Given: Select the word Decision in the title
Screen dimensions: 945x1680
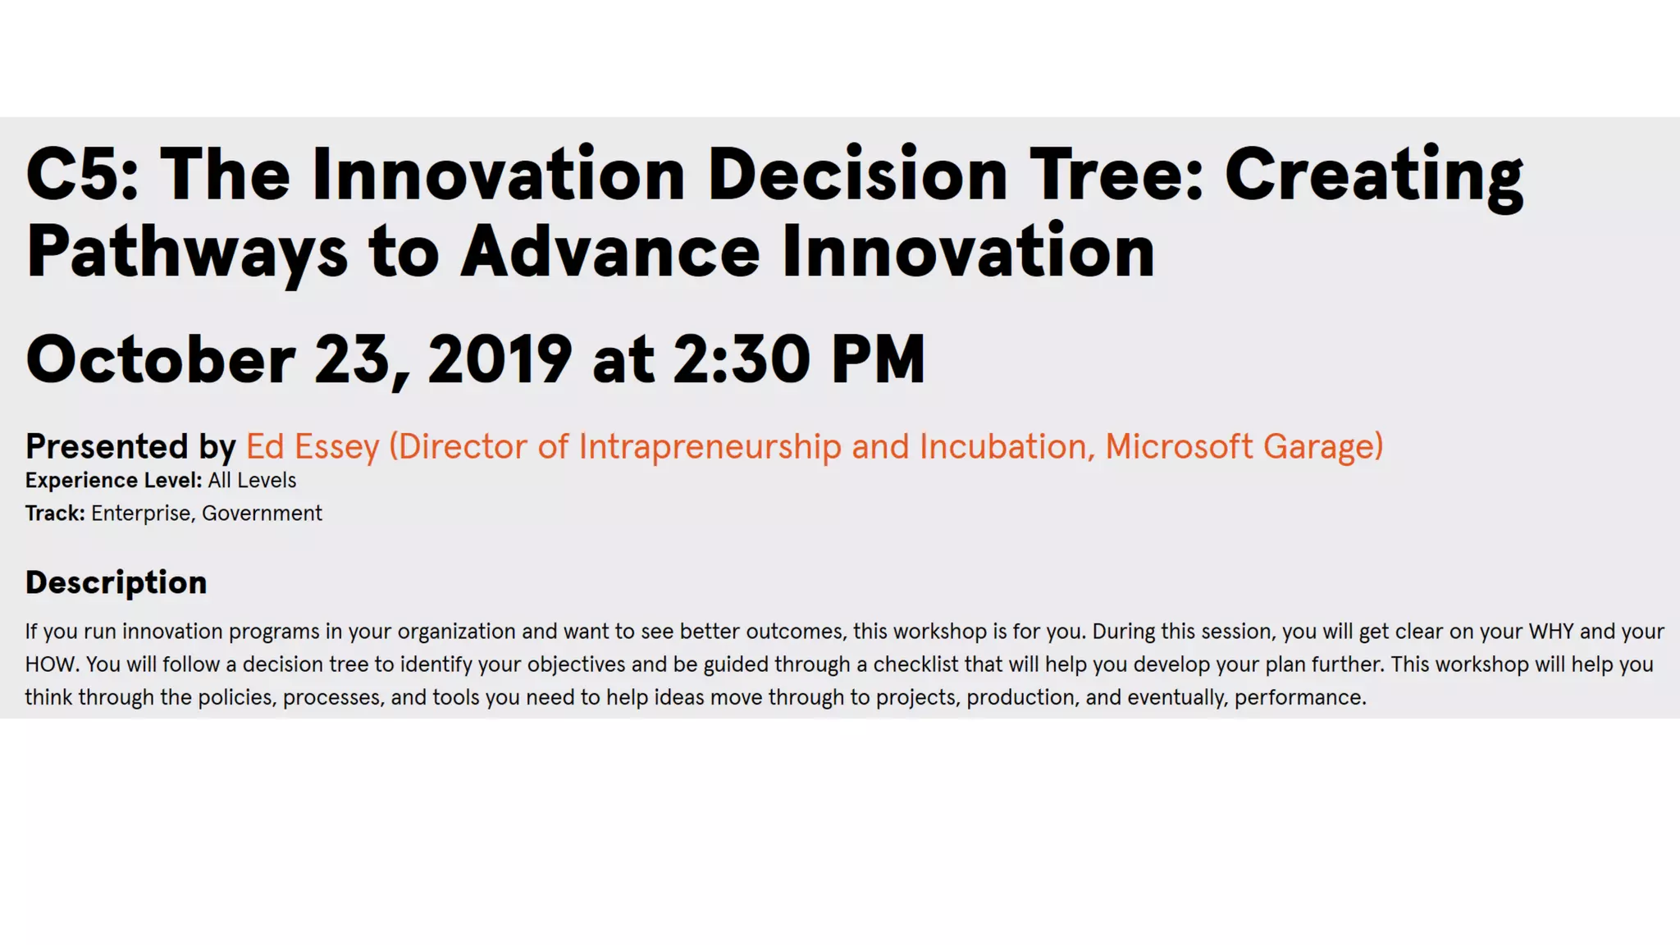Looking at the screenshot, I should tap(856, 174).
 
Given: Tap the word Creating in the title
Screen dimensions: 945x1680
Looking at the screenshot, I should tap(1374, 174).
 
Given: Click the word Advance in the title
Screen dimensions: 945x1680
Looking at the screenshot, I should tap(610, 252).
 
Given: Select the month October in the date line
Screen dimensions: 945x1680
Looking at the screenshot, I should tap(161, 359).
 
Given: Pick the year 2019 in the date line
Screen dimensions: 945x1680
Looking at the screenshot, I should tap(500, 359).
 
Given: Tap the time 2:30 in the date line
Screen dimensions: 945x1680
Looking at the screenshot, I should tap(742, 359).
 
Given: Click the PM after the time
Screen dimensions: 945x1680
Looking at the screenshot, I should tap(878, 359).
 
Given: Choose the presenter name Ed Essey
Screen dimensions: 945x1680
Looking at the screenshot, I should tap(313, 447).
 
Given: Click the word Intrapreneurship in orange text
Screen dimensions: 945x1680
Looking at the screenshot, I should tap(710, 447).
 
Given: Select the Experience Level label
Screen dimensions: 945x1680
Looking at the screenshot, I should tap(113, 481).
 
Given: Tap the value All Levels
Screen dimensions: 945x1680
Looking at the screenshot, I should tap(252, 481).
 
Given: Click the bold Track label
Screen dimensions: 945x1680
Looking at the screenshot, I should tap(55, 514).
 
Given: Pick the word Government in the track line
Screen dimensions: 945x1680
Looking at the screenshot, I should tap(262, 514).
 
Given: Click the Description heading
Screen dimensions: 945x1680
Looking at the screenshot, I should tap(116, 582).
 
